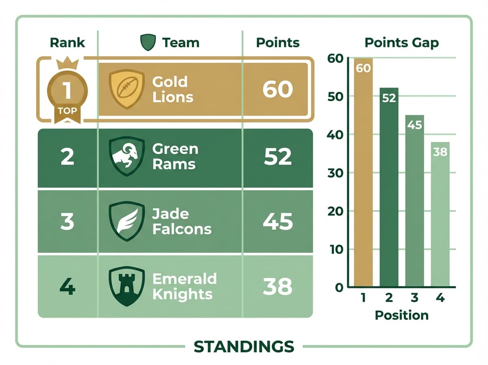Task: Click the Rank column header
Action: pyautogui.click(x=67, y=42)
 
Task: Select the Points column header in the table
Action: pyautogui.click(x=278, y=42)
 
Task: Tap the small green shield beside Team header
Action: pyautogui.click(x=148, y=42)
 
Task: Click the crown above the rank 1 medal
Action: pyautogui.click(x=67, y=64)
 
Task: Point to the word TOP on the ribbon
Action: pyautogui.click(x=67, y=110)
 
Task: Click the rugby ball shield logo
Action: pyautogui.click(x=127, y=89)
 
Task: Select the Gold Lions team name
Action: pyautogui.click(x=172, y=89)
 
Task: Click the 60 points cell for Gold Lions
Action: pyautogui.click(x=278, y=89)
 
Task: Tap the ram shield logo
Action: pyautogui.click(x=127, y=156)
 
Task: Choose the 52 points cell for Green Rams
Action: pyautogui.click(x=278, y=157)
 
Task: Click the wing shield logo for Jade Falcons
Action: pyautogui.click(x=127, y=222)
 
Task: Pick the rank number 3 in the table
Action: pyautogui.click(x=67, y=222)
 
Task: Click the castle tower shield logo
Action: pyautogui.click(x=127, y=286)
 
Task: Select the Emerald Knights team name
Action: pyautogui.click(x=184, y=286)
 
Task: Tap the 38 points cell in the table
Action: pyautogui.click(x=278, y=287)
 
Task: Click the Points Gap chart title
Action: pyautogui.click(x=401, y=42)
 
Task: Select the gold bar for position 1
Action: pyautogui.click(x=363, y=175)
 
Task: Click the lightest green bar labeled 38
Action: pyautogui.click(x=440, y=216)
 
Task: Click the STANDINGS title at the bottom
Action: pyautogui.click(x=244, y=346)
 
